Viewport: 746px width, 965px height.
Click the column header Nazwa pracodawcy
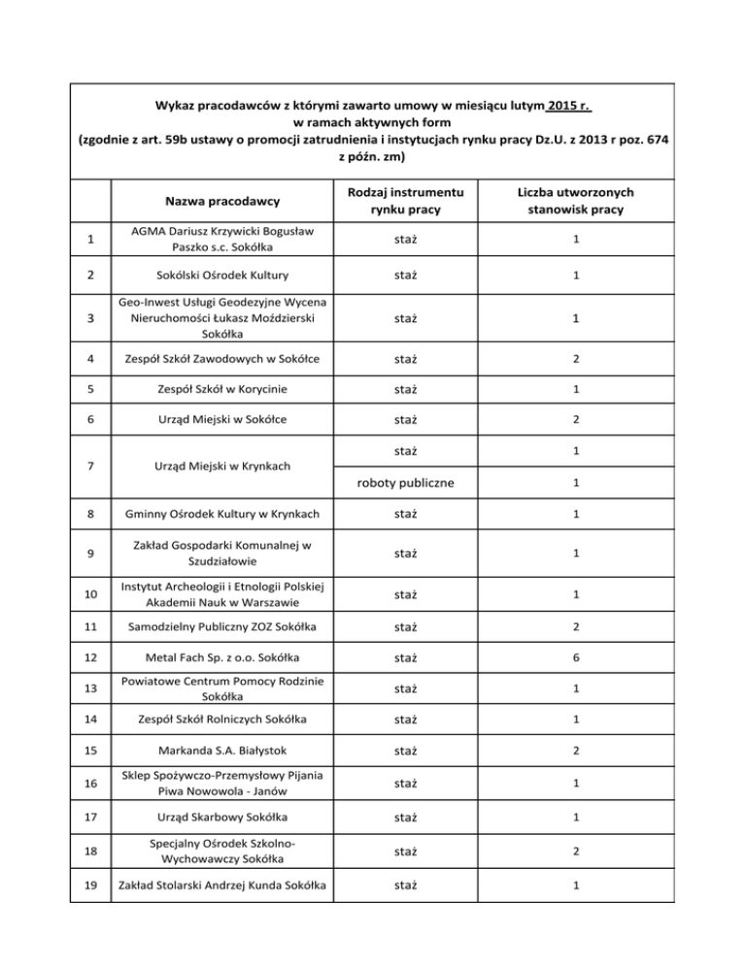[223, 202]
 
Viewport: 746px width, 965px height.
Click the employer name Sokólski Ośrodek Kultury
[223, 275]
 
